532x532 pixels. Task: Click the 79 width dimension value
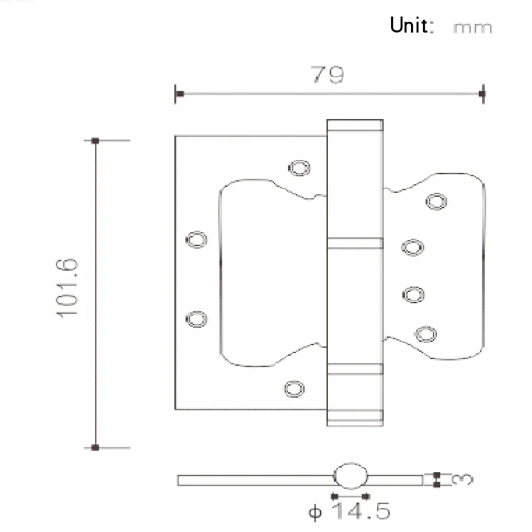328,74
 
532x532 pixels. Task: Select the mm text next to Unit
472,27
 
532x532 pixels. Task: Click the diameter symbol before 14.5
315,513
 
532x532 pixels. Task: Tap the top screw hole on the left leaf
299,167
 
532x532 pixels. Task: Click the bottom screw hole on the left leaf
293,387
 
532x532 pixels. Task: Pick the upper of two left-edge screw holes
196,239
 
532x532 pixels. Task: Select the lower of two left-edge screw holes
196,319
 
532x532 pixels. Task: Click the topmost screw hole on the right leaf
436,200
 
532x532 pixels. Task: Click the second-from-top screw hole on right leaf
412,247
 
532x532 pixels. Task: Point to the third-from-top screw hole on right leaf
414,293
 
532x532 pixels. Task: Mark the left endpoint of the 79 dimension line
178,93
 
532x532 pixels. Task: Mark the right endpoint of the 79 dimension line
483,93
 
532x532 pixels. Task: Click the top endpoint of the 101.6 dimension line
96,141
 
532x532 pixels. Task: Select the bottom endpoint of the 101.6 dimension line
96,448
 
